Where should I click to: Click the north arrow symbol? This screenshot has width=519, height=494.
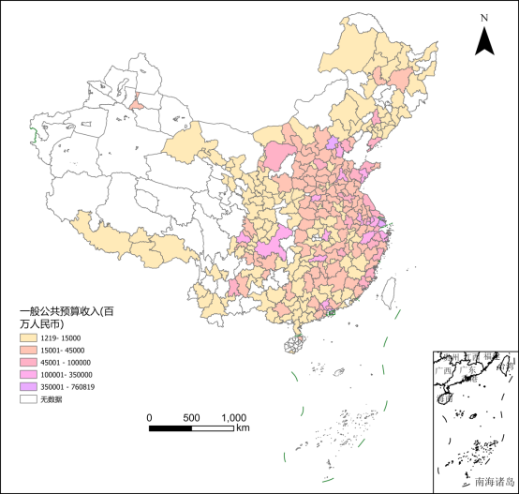tap(484, 40)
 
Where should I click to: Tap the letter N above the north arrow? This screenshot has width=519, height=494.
tap(484, 17)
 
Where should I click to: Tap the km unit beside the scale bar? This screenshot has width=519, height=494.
tap(243, 428)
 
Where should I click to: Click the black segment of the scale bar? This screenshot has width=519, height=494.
tap(171, 428)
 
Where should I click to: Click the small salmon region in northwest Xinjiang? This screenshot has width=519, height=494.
tap(137, 101)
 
